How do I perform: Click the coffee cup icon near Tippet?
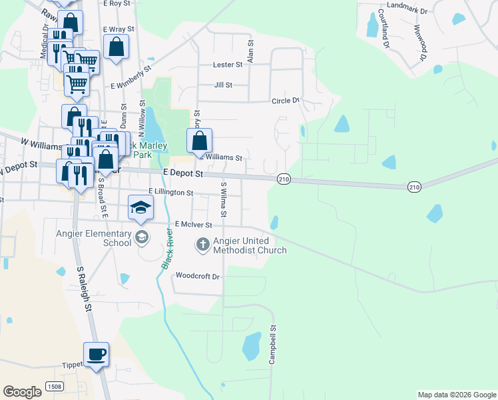coord(96,354)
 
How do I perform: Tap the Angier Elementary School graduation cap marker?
coord(140,208)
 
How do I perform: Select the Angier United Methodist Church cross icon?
coord(203,245)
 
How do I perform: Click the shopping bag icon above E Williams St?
coord(199,141)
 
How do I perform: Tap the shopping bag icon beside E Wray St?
coord(116,47)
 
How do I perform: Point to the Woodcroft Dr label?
coord(198,275)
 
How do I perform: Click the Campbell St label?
coord(272,345)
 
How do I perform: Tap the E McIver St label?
coord(193,226)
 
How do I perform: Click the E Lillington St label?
coord(170,193)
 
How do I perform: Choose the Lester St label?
coord(228,65)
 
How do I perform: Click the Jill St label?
coord(223,85)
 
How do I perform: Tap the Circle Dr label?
coord(286,101)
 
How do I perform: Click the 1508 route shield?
coord(55,386)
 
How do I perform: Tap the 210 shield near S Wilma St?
coord(284,179)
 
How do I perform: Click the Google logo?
coord(22,392)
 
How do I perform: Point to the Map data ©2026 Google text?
coord(457,395)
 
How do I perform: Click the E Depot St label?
coord(183,173)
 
